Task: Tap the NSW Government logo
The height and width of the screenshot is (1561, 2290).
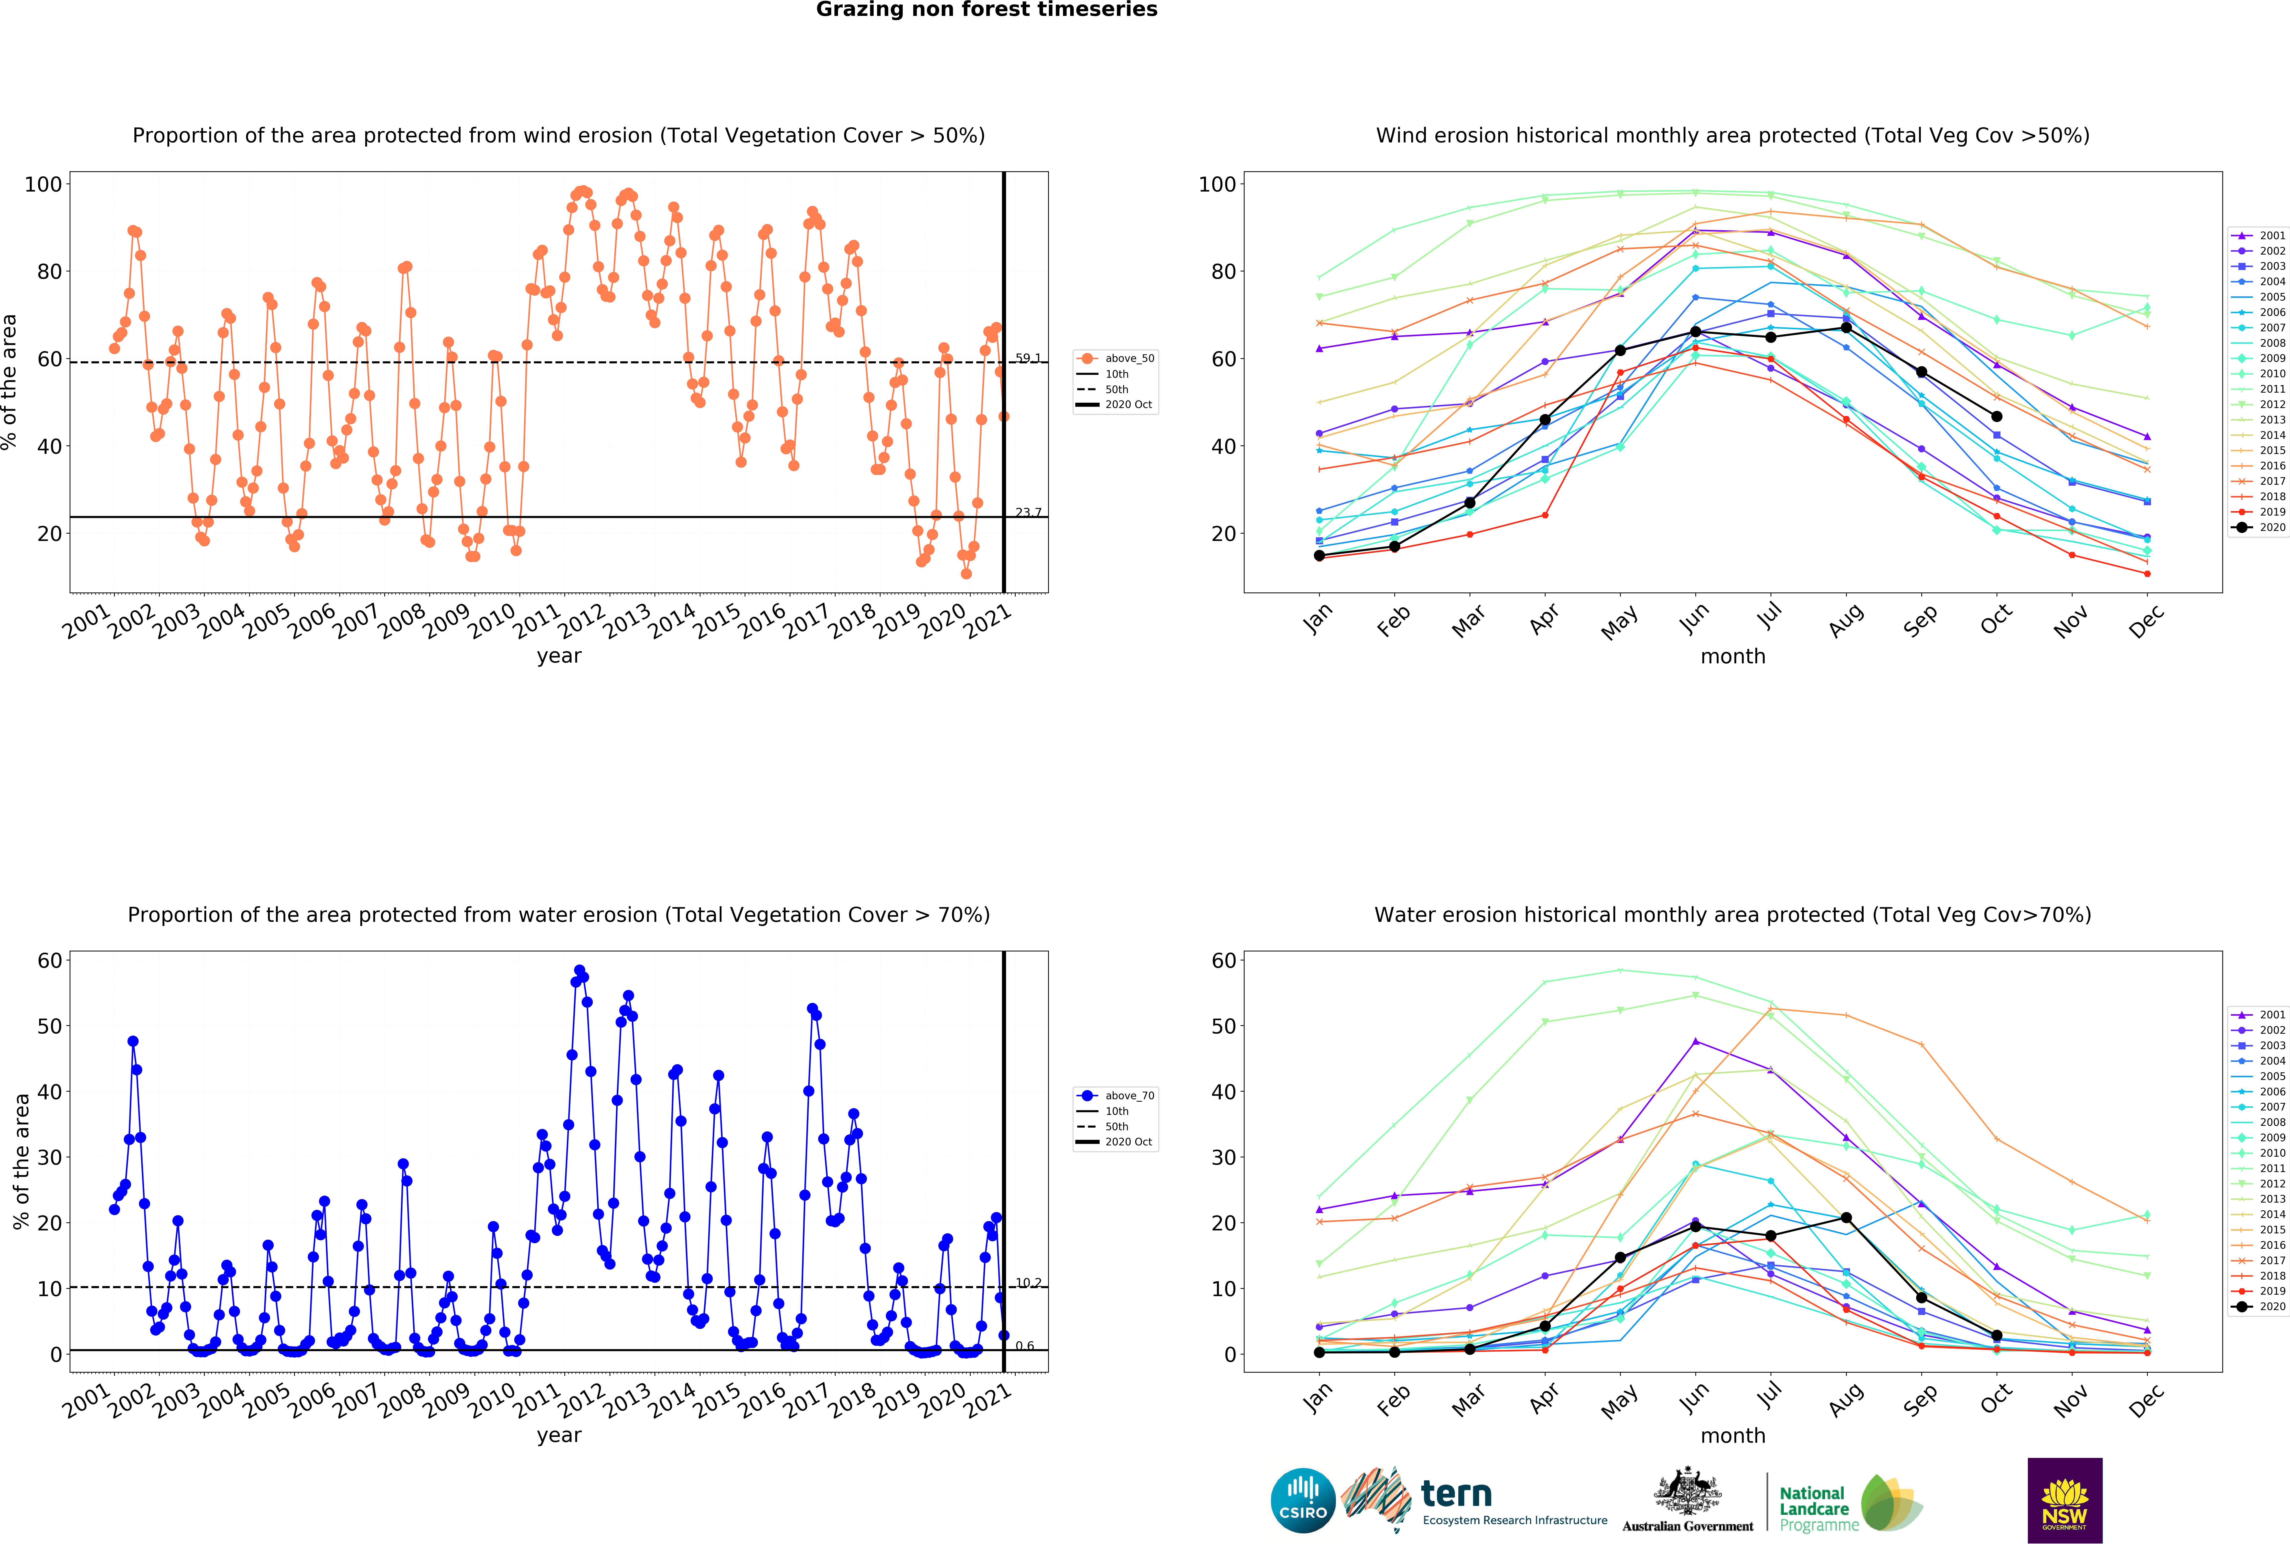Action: click(x=2064, y=1500)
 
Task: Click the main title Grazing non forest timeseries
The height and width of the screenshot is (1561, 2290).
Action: click(x=986, y=10)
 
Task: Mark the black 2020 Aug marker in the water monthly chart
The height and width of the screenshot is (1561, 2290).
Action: click(x=1846, y=1218)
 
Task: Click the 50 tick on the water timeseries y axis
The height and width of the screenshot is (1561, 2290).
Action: click(x=50, y=1026)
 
